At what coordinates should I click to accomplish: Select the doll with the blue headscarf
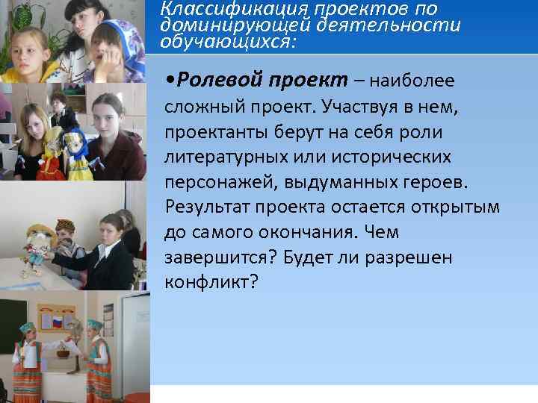click(78, 149)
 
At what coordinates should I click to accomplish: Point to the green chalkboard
click(7, 328)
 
